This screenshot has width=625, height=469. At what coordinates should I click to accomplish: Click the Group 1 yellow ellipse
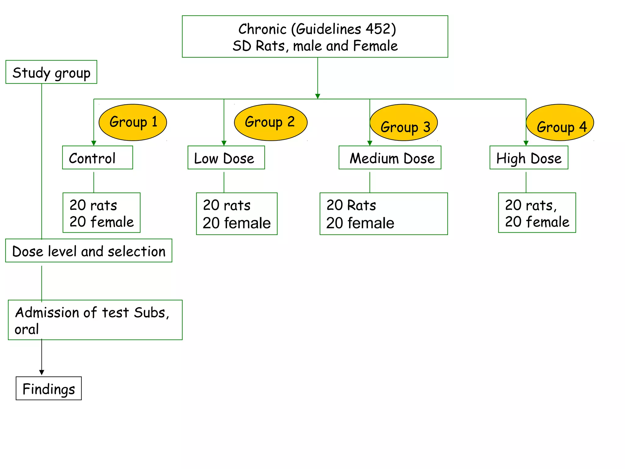(x=133, y=122)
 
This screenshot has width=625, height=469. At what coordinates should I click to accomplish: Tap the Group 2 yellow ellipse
(x=270, y=122)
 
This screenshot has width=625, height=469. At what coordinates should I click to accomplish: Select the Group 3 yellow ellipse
(x=404, y=123)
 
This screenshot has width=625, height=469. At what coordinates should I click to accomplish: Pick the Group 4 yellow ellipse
(x=560, y=123)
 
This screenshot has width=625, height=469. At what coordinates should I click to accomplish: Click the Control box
(x=97, y=158)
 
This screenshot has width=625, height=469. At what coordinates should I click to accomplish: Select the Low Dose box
(x=226, y=158)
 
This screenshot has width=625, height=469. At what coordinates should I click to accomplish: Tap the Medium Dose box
(x=390, y=158)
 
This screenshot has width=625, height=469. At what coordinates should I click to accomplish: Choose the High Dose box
(x=529, y=158)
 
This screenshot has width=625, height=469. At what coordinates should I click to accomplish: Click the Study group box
(x=51, y=72)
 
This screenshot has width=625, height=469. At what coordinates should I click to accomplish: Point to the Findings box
(x=49, y=388)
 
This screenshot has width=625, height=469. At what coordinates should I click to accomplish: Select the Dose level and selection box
(x=89, y=251)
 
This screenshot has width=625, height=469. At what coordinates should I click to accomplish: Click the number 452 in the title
(x=378, y=29)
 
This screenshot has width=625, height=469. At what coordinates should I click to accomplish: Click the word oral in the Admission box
(x=27, y=329)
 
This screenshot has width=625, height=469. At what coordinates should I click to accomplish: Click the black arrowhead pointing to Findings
(x=42, y=373)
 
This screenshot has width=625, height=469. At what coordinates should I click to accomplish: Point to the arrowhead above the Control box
(x=94, y=143)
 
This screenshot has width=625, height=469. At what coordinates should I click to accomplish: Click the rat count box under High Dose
(x=537, y=213)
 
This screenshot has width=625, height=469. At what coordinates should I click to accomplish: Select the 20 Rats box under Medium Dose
(x=384, y=214)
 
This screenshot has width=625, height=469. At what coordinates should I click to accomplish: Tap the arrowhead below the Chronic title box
(x=318, y=96)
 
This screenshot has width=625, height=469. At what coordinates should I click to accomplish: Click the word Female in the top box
(x=375, y=46)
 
